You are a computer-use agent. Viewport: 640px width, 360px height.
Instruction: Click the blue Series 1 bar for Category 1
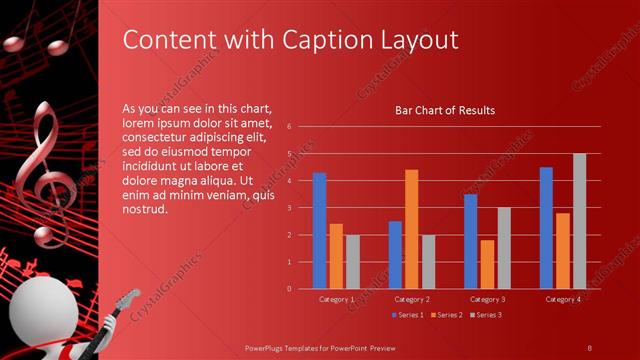[x=319, y=231]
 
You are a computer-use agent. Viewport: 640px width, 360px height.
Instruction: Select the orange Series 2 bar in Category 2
[x=411, y=229]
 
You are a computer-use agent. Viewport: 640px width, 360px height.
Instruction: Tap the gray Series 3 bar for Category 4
[x=579, y=221]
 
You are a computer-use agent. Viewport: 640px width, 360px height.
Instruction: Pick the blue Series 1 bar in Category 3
[x=470, y=241]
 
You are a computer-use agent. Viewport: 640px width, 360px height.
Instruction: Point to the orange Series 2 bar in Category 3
[x=487, y=264]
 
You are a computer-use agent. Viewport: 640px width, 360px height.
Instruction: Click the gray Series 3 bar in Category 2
[x=428, y=262]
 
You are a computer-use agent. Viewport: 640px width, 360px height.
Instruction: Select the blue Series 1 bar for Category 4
[x=546, y=228]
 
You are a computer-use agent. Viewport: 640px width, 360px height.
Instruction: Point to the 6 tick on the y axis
[x=288, y=127]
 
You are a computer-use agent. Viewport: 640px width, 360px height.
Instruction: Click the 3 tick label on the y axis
[x=288, y=208]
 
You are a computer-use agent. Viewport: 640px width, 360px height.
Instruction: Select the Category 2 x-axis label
[x=412, y=299]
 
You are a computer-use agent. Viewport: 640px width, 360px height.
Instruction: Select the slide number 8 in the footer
[x=590, y=346]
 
